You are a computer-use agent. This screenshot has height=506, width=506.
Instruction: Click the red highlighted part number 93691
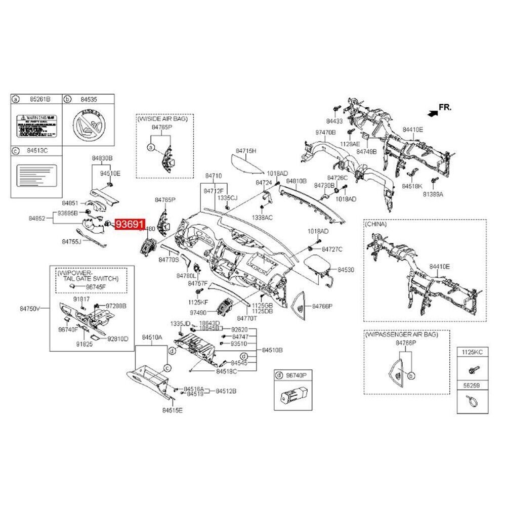131,224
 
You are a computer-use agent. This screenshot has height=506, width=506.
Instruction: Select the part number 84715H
246,151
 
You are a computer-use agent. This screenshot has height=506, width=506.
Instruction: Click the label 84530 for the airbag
346,271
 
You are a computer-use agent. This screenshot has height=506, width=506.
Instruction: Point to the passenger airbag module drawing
317,265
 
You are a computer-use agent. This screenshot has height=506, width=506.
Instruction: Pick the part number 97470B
326,133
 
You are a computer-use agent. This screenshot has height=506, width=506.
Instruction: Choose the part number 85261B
40,100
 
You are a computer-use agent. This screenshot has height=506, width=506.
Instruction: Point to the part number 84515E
172,410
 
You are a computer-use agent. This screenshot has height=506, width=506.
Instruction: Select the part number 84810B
297,181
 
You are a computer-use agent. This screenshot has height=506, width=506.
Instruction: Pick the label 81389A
433,194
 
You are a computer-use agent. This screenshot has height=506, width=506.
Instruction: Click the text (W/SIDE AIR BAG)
162,118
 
